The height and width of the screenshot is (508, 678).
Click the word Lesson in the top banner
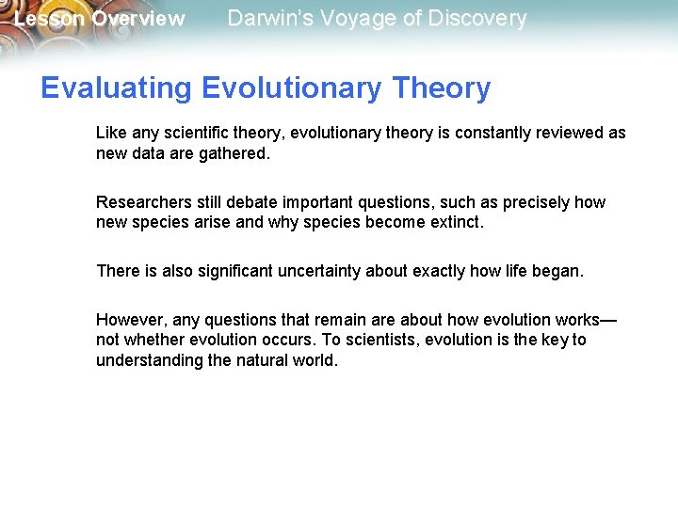[49, 19]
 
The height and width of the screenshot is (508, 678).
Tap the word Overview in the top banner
[138, 19]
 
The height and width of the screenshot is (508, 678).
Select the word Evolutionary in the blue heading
[292, 88]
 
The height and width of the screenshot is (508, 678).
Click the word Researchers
[142, 202]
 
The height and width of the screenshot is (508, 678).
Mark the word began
[559, 271]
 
